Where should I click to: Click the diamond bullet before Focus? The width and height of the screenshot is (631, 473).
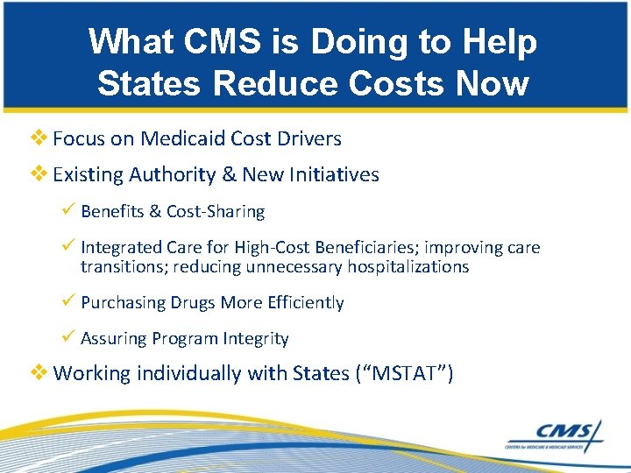pos(41,138)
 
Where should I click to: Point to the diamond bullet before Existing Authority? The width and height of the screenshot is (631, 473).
pos(41,174)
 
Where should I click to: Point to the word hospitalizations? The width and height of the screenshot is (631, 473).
pos(396,267)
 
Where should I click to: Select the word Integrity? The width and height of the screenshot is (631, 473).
pos(255,339)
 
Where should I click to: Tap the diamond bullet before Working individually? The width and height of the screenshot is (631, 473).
pos(41,373)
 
